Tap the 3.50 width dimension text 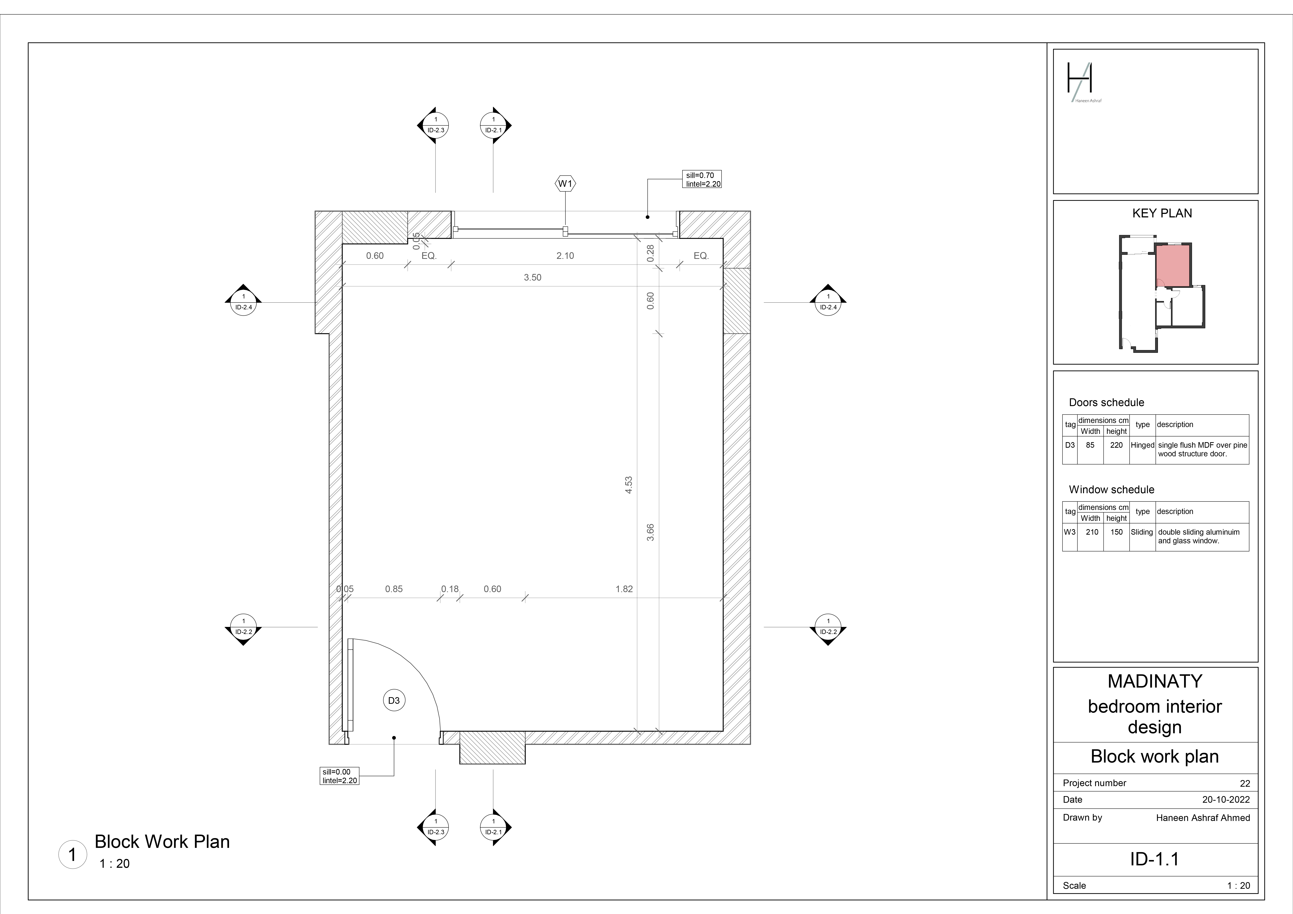532,278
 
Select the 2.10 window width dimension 565,256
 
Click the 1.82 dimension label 624,589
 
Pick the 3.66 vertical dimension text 650,532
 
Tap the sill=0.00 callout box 339,776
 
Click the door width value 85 1090,445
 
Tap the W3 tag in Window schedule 1069,532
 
